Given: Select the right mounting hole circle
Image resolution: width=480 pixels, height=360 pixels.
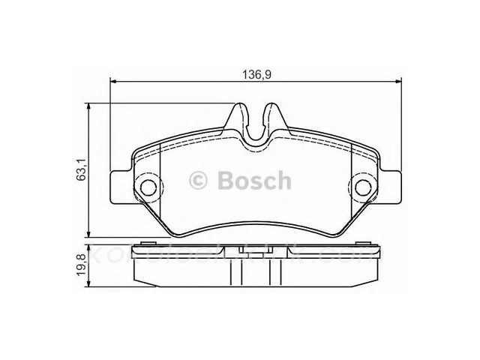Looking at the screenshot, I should point(364,187).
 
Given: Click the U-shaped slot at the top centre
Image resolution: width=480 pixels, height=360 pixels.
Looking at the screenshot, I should point(256,126).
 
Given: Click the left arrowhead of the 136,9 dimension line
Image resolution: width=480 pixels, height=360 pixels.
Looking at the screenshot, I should point(115,81).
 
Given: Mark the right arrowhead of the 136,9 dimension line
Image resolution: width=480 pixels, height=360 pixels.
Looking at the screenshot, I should point(397,81).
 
